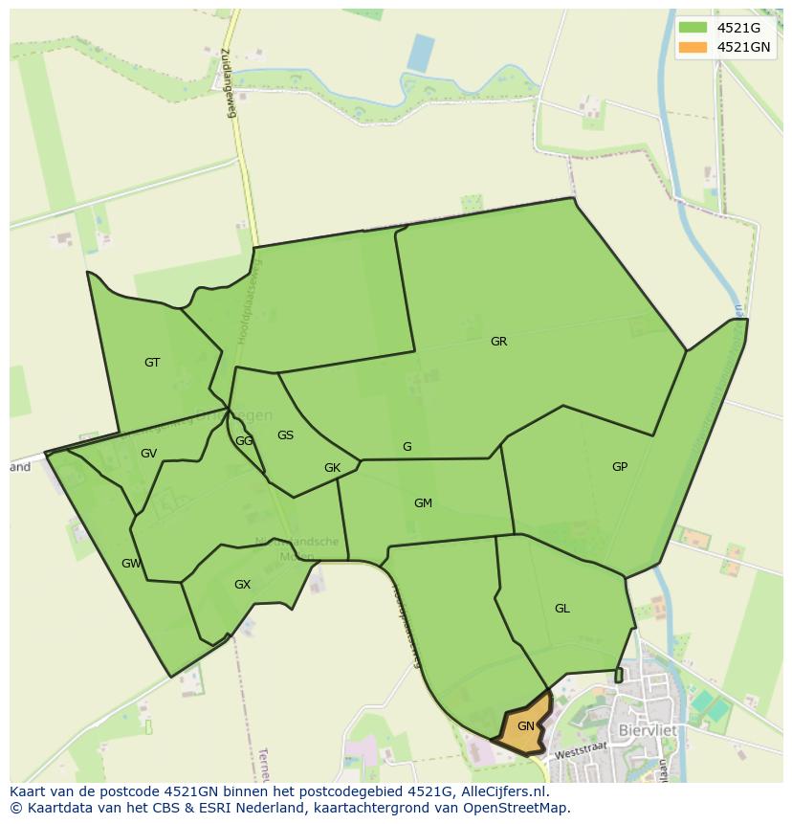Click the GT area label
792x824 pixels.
pos(152,363)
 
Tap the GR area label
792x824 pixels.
pos(498,342)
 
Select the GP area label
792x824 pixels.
pos(620,467)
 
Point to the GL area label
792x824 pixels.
pos(562,609)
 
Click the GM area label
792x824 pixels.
pos(423,503)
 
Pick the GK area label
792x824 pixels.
pos(332,468)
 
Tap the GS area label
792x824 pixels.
pos(285,435)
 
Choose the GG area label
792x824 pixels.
pos(244,441)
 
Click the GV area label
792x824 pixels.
pos(148,454)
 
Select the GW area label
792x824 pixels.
pos(131,564)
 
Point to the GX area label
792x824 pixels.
pos(242,585)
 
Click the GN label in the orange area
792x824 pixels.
pos(525,726)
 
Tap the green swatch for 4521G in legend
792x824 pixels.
pos(693,28)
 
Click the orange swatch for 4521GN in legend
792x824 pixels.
pos(693,47)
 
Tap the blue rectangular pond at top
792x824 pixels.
pos(421,53)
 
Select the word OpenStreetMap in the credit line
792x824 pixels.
pos(517,808)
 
